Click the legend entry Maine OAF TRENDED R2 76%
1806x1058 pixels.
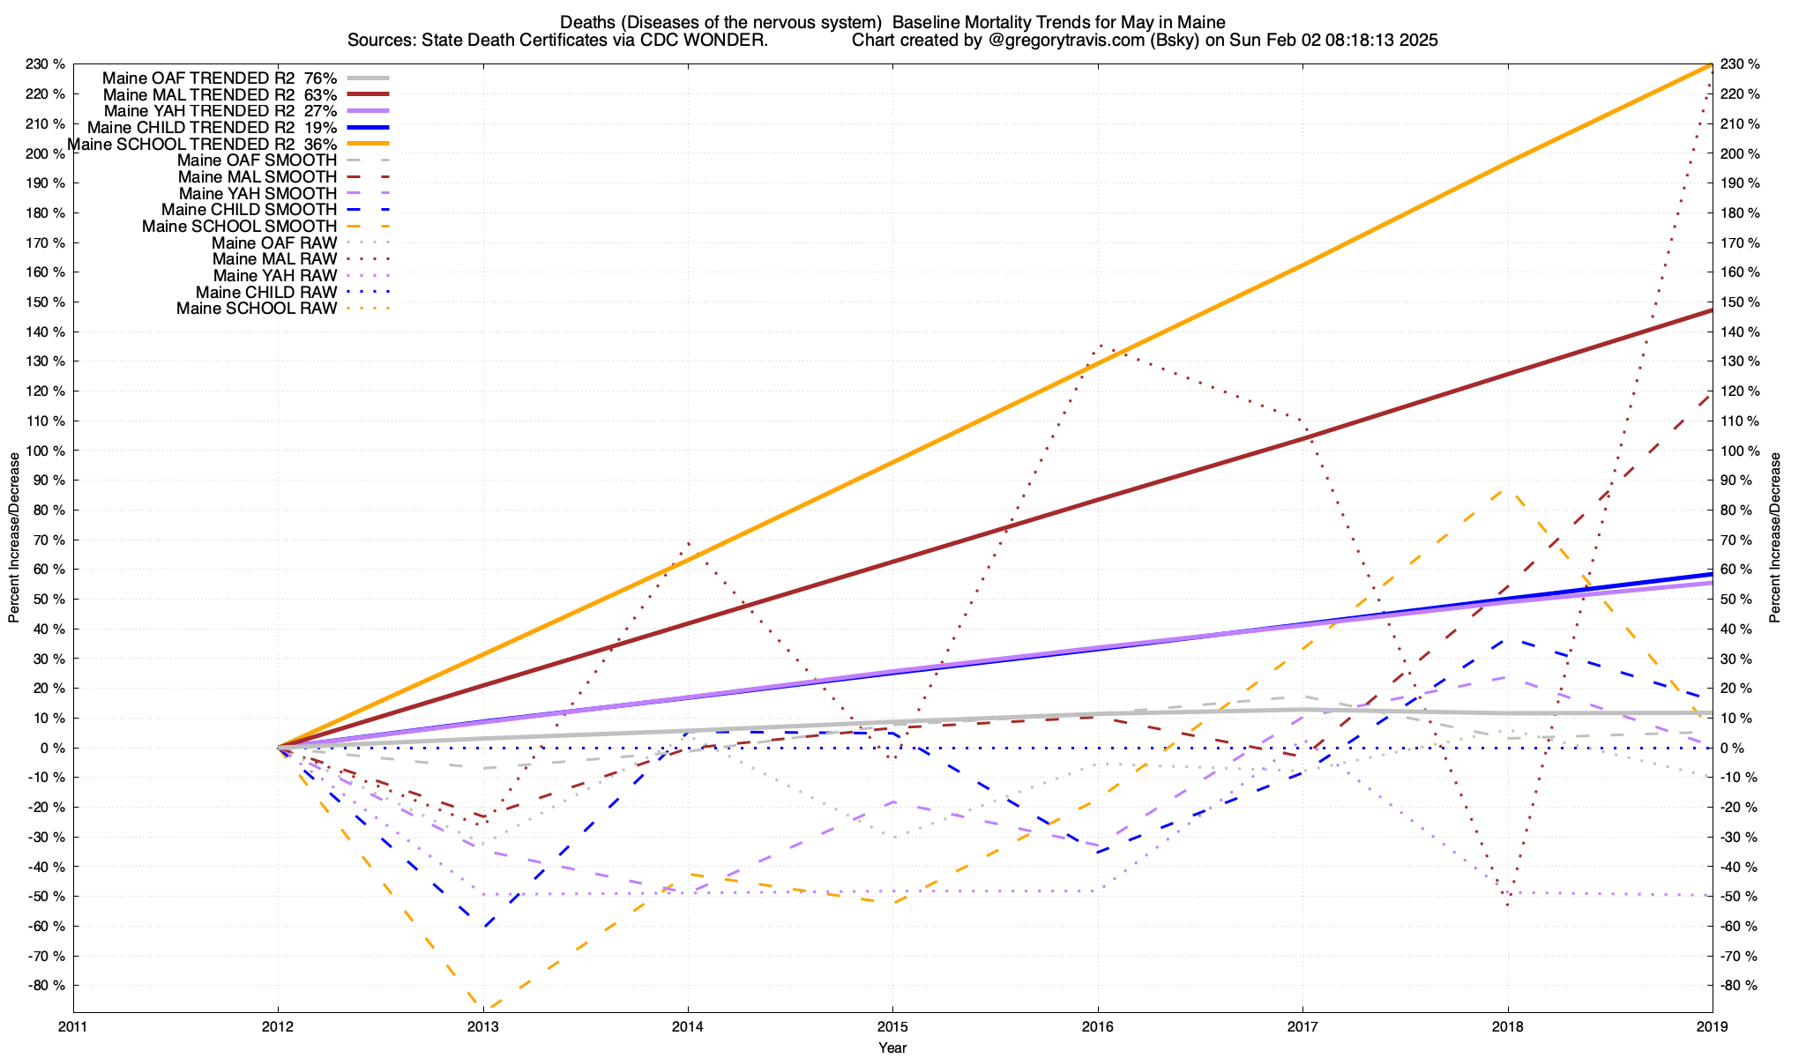(x=220, y=78)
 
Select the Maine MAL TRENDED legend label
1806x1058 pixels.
(x=220, y=94)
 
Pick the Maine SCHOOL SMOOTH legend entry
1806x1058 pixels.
(x=240, y=227)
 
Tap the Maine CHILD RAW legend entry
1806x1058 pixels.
(x=266, y=293)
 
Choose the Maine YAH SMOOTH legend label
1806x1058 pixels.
(x=257, y=194)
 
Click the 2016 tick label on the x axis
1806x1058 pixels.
(x=1098, y=1026)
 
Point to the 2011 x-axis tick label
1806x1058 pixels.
(x=73, y=1026)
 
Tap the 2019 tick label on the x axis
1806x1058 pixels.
(x=1713, y=1026)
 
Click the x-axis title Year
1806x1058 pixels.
(x=892, y=1047)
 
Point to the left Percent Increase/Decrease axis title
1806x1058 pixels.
(x=14, y=538)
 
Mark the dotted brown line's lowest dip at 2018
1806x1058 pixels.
(x=1508, y=905)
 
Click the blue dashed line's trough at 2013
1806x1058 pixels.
(x=483, y=928)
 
